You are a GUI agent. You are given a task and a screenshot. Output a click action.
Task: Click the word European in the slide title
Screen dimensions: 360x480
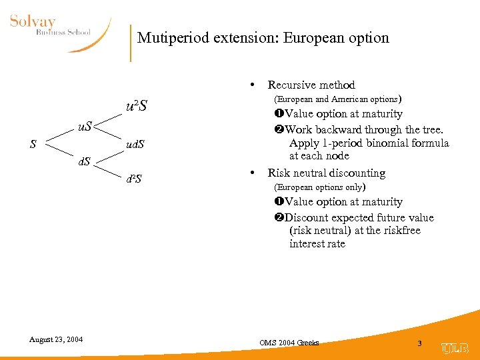pyautogui.click(x=312, y=37)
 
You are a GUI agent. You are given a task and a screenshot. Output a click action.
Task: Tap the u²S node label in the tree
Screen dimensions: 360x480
pyautogui.click(x=137, y=106)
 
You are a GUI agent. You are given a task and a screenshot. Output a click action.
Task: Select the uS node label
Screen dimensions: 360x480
pyautogui.click(x=85, y=125)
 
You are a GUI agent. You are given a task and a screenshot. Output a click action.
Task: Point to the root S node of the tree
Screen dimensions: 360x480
pyautogui.click(x=33, y=144)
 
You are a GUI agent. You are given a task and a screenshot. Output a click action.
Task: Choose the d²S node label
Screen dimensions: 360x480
pyautogui.click(x=134, y=179)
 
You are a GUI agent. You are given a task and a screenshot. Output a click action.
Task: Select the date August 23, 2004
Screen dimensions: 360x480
pyautogui.click(x=56, y=339)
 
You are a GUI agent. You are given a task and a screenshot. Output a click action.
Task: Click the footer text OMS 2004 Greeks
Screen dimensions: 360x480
pyautogui.click(x=289, y=343)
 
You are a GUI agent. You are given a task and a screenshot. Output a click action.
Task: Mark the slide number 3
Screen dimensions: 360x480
pyautogui.click(x=419, y=343)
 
